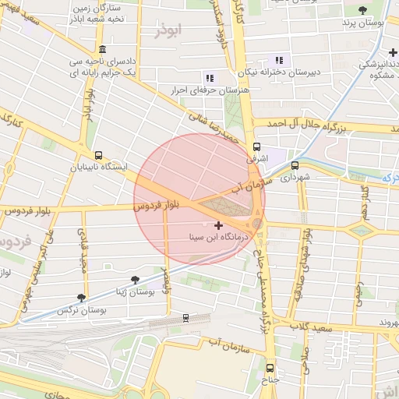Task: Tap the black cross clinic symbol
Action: tap(218, 225)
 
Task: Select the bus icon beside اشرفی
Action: tap(257, 147)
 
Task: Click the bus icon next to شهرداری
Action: tap(295, 165)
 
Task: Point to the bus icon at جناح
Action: tap(270, 367)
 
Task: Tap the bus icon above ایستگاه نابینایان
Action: tap(97, 155)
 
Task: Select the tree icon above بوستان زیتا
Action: tap(136, 279)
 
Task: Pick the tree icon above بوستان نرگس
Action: tap(81, 298)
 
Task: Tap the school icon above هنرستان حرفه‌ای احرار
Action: tap(209, 77)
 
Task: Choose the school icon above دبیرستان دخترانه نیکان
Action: tap(279, 60)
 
